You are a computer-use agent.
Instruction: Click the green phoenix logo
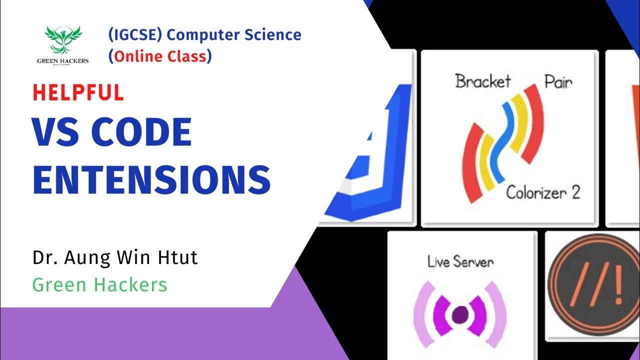pos(63,40)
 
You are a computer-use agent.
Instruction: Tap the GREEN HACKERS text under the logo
pos(63,61)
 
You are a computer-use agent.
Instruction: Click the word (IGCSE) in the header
pos(135,35)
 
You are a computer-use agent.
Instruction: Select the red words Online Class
pos(160,56)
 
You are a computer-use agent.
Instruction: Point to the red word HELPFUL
pos(78,93)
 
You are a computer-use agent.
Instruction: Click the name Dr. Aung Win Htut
pos(115,258)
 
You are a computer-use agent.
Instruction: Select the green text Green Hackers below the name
pos(99,284)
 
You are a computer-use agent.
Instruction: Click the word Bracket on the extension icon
pos(483,81)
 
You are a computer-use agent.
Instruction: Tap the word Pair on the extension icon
pos(557,81)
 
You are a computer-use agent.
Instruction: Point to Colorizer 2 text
pos(543,192)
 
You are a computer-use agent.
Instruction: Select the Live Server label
pos(460,261)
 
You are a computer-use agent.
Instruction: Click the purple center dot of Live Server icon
pos(460,314)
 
